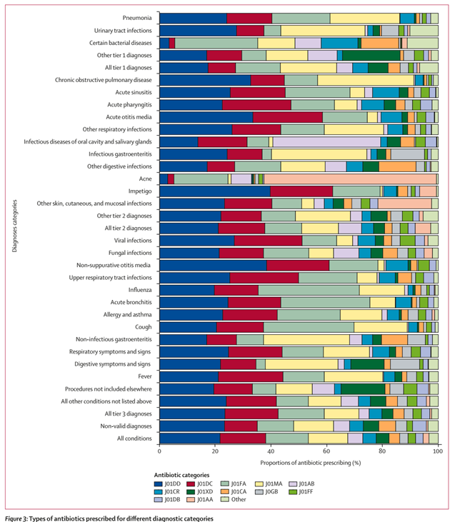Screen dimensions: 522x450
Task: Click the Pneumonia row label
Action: point(136,18)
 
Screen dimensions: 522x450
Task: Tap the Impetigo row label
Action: point(139,191)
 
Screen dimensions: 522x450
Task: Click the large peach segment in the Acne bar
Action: point(350,179)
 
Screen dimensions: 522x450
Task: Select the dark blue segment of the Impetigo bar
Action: point(214,191)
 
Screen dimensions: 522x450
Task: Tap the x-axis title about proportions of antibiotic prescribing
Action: point(299,463)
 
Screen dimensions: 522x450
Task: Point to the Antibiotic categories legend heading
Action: point(182,474)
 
